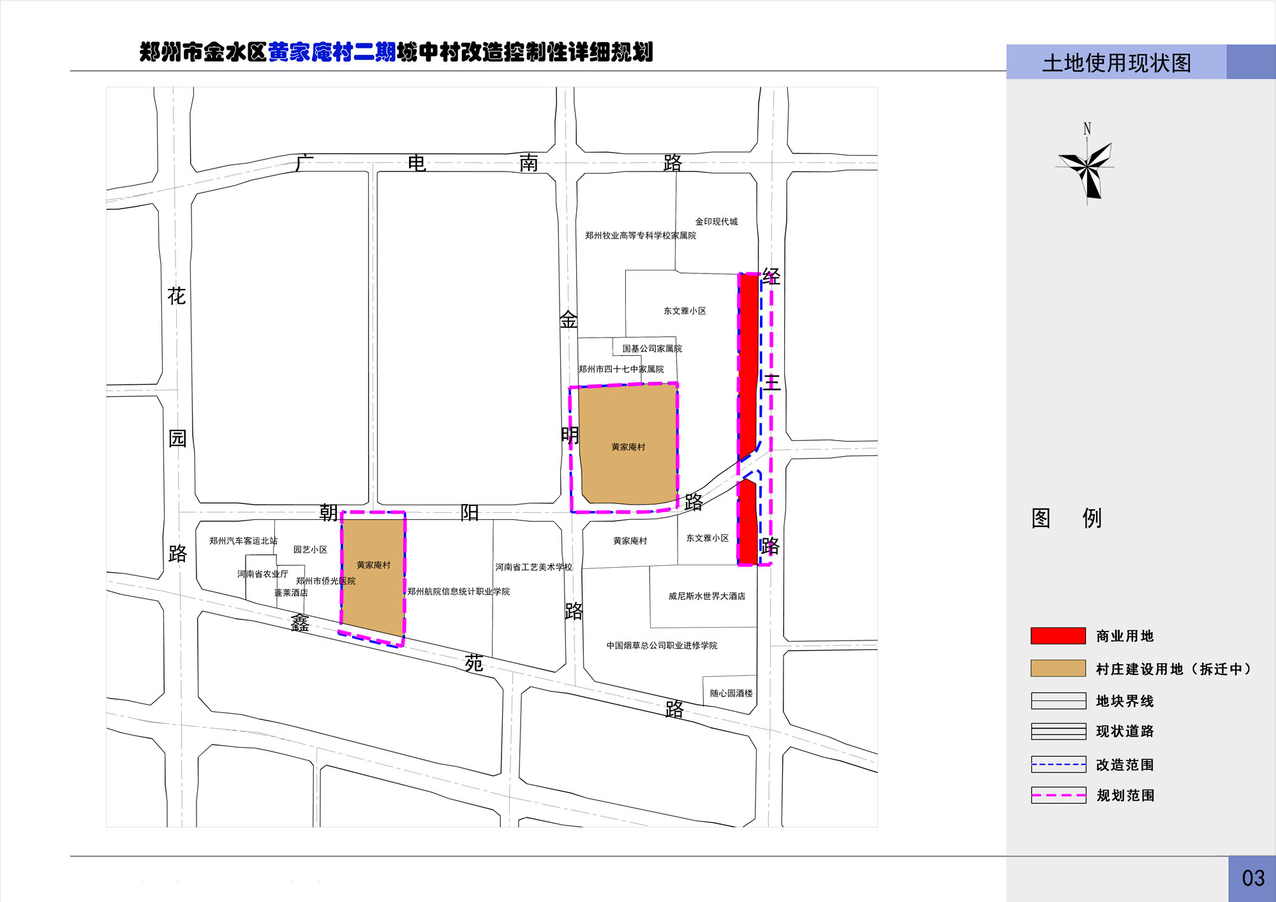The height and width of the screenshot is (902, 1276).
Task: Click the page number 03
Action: pyautogui.click(x=1253, y=878)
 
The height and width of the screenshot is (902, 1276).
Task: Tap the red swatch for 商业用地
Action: pyautogui.click(x=1058, y=635)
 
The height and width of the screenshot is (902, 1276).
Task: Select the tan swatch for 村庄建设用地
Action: pyautogui.click(x=1058, y=668)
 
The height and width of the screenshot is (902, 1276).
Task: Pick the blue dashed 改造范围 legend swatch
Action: pyautogui.click(x=1058, y=764)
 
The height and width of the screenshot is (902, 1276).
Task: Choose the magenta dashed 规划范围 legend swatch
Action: pyautogui.click(x=1058, y=795)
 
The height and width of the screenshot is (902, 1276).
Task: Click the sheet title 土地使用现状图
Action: pyautogui.click(x=1116, y=63)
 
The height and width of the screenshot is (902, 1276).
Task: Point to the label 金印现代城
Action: pyautogui.click(x=716, y=221)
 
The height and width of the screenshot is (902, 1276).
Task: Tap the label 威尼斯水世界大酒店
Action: pyautogui.click(x=707, y=596)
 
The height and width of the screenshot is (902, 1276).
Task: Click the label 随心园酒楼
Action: pyautogui.click(x=731, y=693)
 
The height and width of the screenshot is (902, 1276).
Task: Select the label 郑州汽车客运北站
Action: pyautogui.click(x=243, y=540)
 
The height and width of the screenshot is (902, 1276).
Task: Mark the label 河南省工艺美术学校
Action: pyautogui.click(x=533, y=566)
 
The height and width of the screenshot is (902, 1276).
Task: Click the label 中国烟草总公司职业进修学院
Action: pyautogui.click(x=662, y=645)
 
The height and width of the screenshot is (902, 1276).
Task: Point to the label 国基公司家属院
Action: pyautogui.click(x=652, y=348)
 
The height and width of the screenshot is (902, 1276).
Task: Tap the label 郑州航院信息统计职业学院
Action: pyautogui.click(x=459, y=591)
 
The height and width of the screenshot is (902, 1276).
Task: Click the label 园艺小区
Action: pyautogui.click(x=310, y=549)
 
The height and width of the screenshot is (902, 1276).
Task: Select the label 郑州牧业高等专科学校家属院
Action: pyautogui.click(x=641, y=235)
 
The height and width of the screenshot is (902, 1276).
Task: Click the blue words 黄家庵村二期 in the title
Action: pyautogui.click(x=332, y=52)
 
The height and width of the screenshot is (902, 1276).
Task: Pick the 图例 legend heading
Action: pyautogui.click(x=1066, y=518)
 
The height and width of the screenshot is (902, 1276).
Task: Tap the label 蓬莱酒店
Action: pyautogui.click(x=291, y=593)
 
